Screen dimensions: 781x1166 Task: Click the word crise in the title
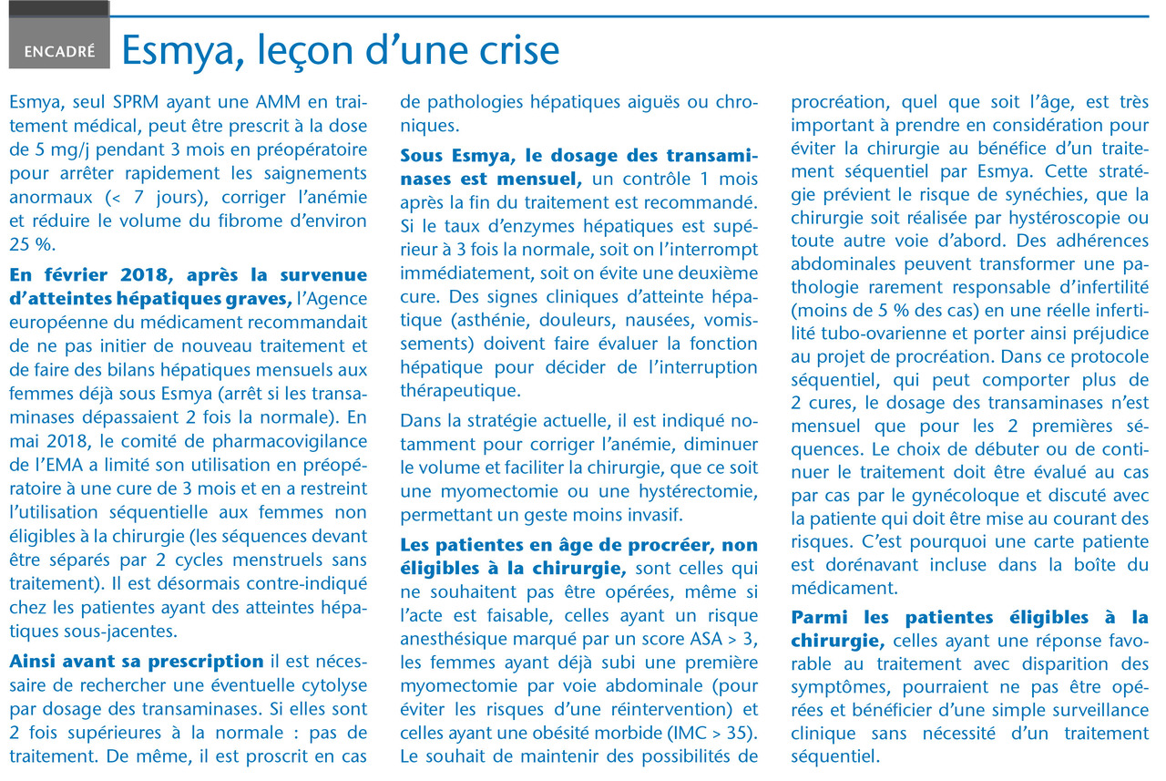point(512,51)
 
